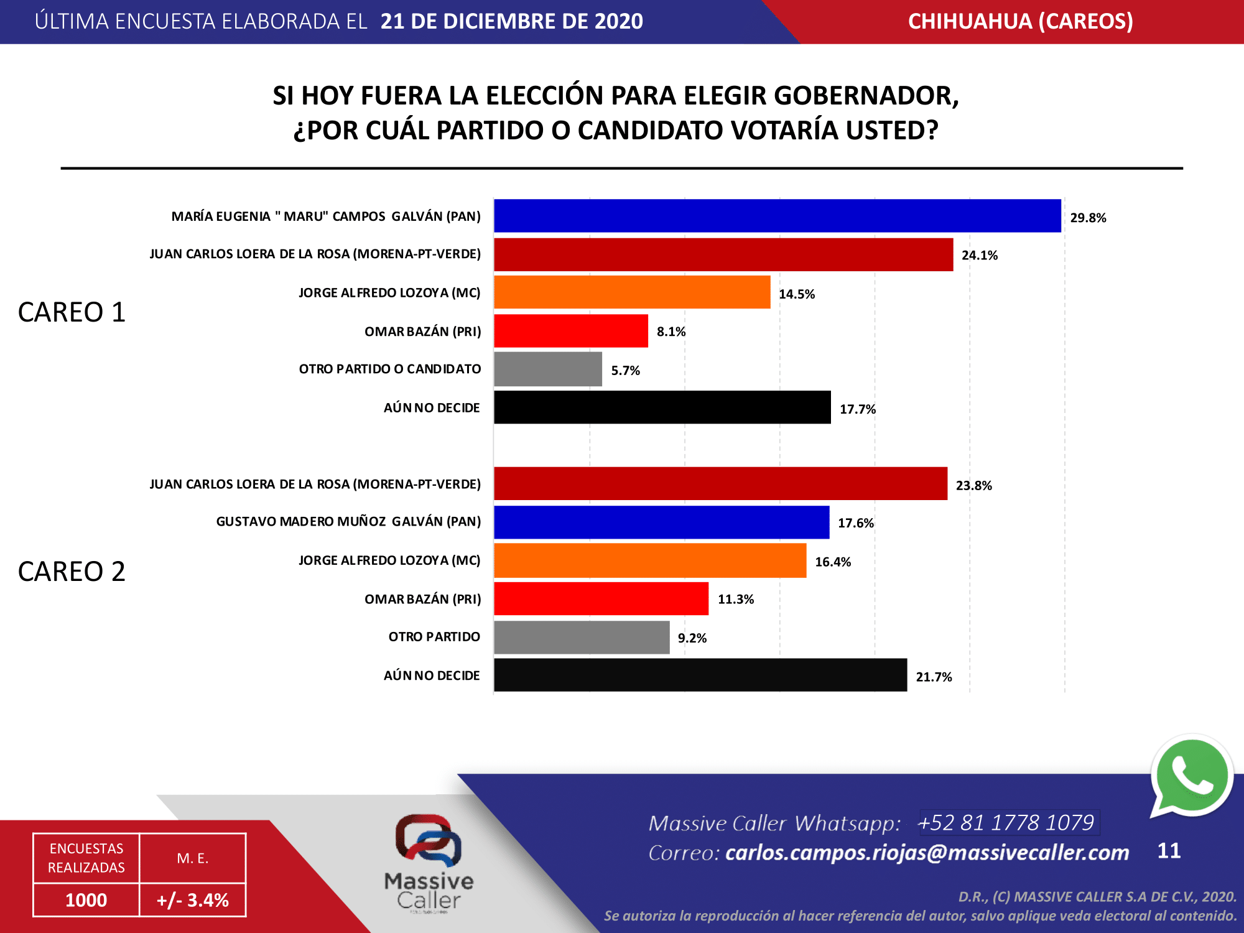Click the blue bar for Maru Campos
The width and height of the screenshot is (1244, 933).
[777, 216]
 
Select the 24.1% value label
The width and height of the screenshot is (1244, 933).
[979, 255]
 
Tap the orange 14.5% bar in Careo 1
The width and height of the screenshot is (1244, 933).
[632, 292]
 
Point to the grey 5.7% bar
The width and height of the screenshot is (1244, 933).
[548, 369]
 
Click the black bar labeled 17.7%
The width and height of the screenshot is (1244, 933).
[662, 407]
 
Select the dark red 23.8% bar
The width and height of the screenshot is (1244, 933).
[720, 484]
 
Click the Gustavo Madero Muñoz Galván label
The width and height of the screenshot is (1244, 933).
[348, 521]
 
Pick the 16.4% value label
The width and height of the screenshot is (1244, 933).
[833, 562]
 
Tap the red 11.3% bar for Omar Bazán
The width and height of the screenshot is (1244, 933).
[601, 598]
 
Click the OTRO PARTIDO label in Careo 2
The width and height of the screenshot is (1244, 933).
[434, 637]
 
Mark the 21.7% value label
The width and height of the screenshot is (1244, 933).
[934, 677]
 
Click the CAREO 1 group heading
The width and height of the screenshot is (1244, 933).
[72, 312]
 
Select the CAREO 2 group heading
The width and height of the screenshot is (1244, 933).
[72, 571]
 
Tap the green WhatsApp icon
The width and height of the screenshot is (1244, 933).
[1191, 777]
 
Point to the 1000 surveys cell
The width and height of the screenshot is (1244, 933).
[86, 899]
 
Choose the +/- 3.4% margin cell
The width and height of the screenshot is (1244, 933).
[193, 899]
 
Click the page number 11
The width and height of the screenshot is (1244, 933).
[1169, 850]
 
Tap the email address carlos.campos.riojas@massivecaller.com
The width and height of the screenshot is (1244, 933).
[927, 852]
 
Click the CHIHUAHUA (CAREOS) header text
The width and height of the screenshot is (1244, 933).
[1020, 21]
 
